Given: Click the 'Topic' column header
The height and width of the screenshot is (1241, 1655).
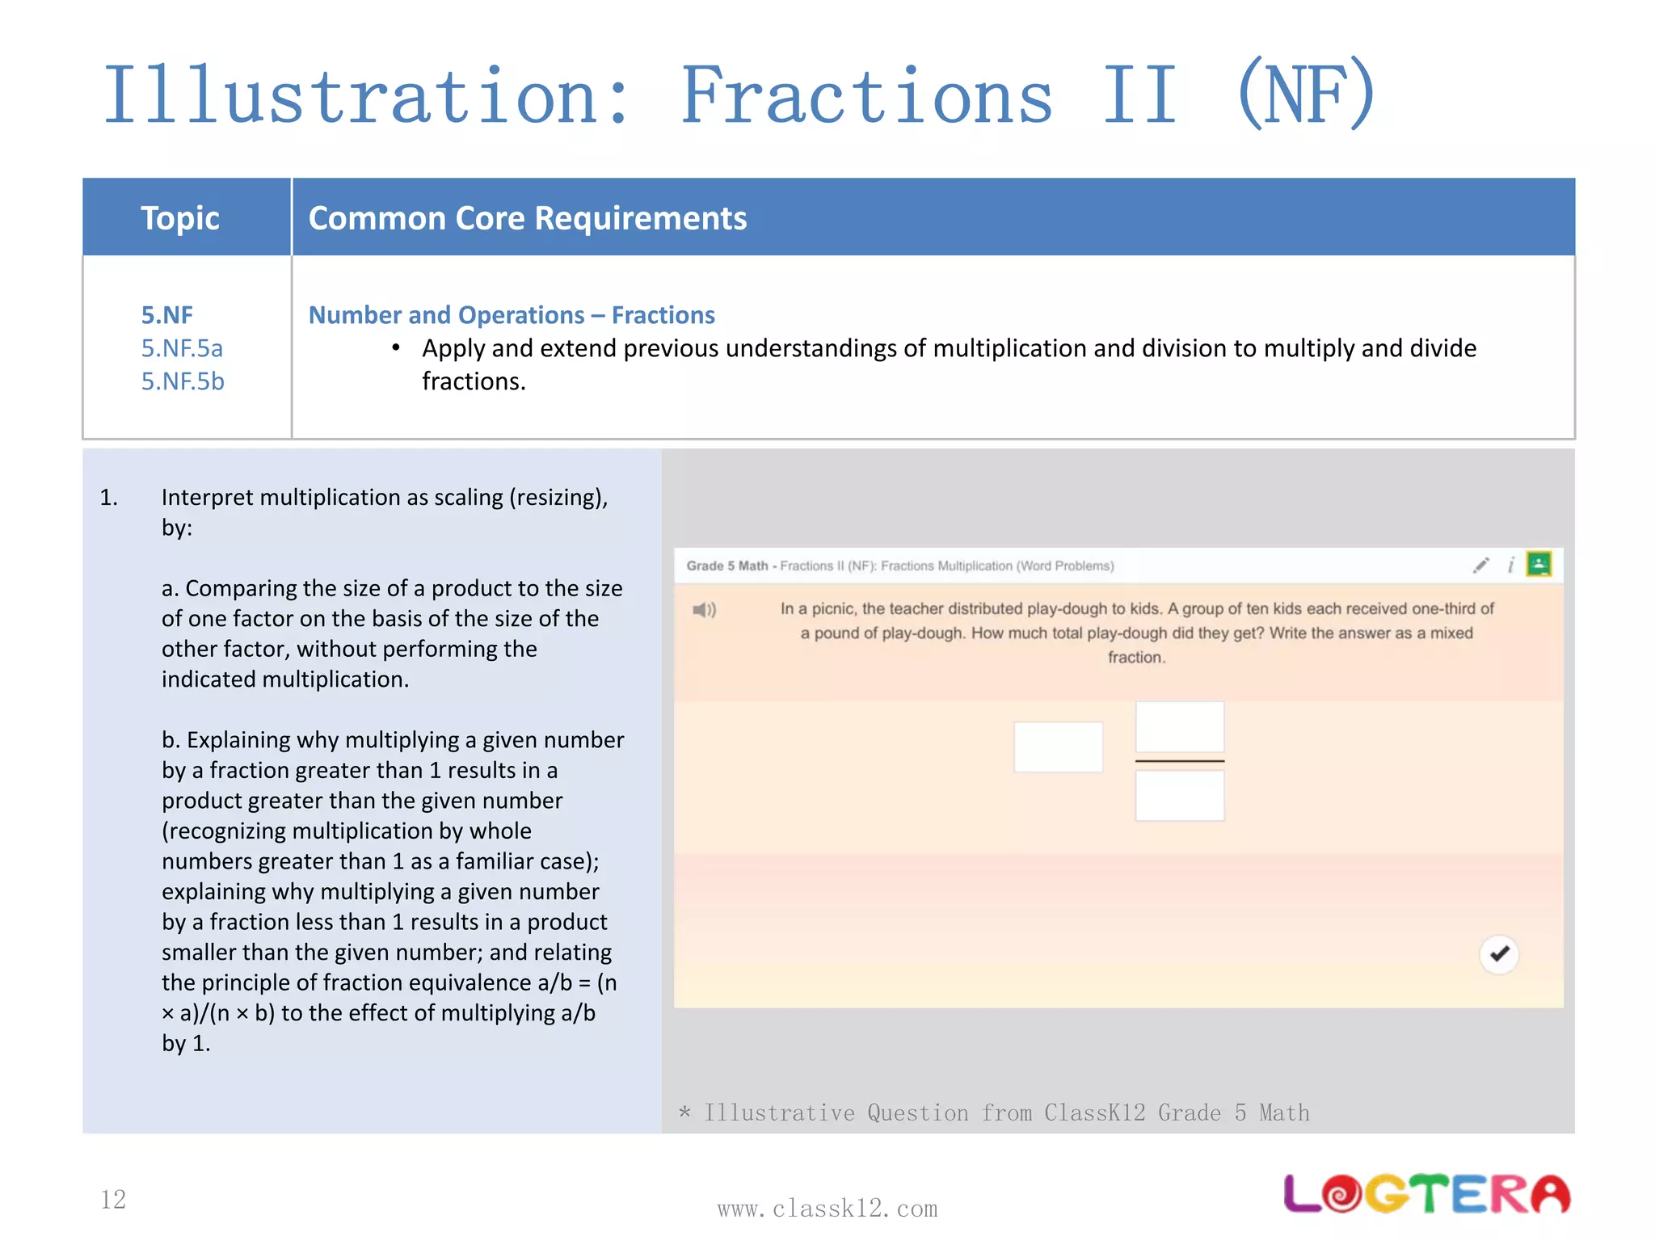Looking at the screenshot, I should pos(180,218).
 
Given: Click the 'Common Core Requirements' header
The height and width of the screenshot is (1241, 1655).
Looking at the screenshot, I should pos(528,218).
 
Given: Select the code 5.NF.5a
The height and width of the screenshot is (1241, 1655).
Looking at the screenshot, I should pos(182,348).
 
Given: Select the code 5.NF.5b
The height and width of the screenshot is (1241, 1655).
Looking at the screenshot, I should pos(183,381).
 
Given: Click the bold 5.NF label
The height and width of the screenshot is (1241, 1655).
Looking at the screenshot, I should pos(167,315).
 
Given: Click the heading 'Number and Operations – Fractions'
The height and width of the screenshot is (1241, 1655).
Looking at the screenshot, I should pos(512,315).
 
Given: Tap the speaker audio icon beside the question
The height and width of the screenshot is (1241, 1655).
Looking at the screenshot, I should pos(704,610).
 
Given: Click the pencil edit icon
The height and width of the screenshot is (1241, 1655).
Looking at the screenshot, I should pos(1480,566).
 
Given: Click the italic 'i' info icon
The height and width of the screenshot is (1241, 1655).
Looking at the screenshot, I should pos(1510,566).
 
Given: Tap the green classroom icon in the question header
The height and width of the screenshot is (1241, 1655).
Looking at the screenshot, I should pos(1539,564).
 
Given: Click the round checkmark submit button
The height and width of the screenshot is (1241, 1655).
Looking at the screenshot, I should pos(1499,954).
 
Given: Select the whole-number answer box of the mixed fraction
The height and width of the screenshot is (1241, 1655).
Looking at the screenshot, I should pos(1058,747).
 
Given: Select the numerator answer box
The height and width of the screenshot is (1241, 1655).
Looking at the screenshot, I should pos(1179,727).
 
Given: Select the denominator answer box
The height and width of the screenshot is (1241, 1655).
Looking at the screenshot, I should pos(1179,796).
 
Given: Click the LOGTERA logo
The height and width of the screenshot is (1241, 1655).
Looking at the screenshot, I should pos(1426,1194).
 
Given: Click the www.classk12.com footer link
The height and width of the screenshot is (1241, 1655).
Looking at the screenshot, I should pos(827,1209).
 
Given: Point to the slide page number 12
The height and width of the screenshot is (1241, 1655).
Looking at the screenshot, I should pos(113,1200).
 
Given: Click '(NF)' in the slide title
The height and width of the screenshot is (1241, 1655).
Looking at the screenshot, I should pos(1305,95).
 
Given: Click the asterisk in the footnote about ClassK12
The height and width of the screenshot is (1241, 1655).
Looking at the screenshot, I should pos(685,1113).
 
